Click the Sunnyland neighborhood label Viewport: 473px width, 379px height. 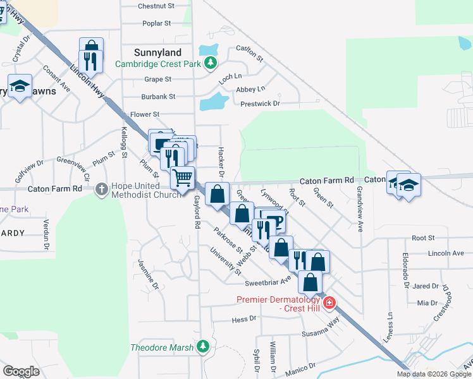pos(157,53)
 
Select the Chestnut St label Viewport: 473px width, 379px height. pos(156,6)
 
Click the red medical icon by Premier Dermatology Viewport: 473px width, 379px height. pos(328,304)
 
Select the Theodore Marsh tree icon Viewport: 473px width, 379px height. pos(202,346)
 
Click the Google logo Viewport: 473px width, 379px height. pos(21,371)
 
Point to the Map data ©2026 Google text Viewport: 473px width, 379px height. pos(433,374)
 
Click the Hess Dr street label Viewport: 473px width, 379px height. pos(243,320)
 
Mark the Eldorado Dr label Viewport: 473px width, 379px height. pos(405,270)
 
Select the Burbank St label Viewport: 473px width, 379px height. pos(159,97)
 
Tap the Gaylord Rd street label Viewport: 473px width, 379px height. pos(197,212)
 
